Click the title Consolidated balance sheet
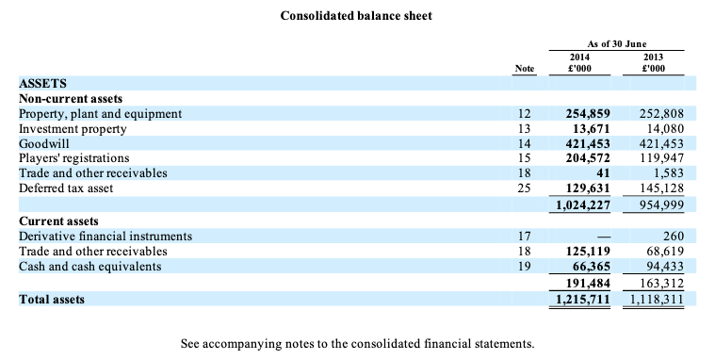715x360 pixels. coord(356,16)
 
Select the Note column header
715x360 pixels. coord(525,69)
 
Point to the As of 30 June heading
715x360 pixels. coord(616,44)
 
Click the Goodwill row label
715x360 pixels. coord(43,144)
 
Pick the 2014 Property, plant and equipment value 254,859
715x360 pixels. coord(588,114)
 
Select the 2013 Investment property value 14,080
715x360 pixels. coord(663,129)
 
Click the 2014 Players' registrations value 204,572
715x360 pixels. coord(588,158)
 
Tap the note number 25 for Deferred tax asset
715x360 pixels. coord(525,188)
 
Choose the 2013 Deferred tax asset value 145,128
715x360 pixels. coord(660,188)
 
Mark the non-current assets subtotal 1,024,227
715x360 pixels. coord(583,205)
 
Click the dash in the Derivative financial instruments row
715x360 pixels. coord(603,237)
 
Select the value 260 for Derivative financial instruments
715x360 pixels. coord(674,236)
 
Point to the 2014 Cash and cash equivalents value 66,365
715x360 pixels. coord(591,266)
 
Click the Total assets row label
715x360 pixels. coord(52,300)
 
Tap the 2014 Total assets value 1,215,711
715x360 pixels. coord(583,300)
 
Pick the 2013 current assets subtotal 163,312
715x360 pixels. coord(661,284)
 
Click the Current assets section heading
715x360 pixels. coord(58,221)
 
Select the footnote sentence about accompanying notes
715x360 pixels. coord(358,344)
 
